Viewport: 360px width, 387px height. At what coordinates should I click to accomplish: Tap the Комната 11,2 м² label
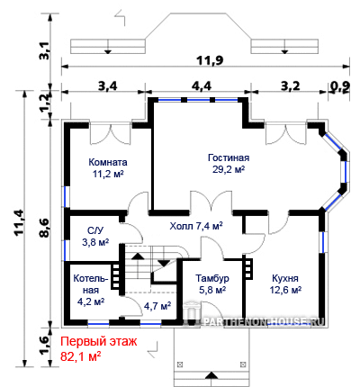(x=108, y=168)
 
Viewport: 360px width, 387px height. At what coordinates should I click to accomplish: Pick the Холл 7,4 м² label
(x=196, y=226)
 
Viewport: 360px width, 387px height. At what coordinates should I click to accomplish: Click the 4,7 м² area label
(x=157, y=306)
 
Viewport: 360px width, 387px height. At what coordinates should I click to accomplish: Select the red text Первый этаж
(x=99, y=341)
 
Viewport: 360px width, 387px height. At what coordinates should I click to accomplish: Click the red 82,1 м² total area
(x=80, y=356)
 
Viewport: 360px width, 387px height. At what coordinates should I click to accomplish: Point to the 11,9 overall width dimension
(x=210, y=60)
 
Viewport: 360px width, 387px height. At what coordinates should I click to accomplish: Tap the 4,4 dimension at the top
(x=202, y=86)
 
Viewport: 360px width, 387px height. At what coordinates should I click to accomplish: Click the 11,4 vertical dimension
(x=20, y=223)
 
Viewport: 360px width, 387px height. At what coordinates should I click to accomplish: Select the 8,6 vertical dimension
(x=45, y=228)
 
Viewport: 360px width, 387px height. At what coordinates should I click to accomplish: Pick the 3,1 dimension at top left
(x=44, y=50)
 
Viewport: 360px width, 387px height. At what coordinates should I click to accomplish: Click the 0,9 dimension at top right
(x=340, y=86)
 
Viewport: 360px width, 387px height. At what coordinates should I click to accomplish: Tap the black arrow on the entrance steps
(x=212, y=375)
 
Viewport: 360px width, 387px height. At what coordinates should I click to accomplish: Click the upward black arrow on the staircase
(x=138, y=256)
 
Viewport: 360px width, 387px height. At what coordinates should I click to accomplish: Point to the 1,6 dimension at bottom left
(x=45, y=345)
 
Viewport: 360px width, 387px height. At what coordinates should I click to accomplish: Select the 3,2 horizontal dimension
(x=290, y=86)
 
